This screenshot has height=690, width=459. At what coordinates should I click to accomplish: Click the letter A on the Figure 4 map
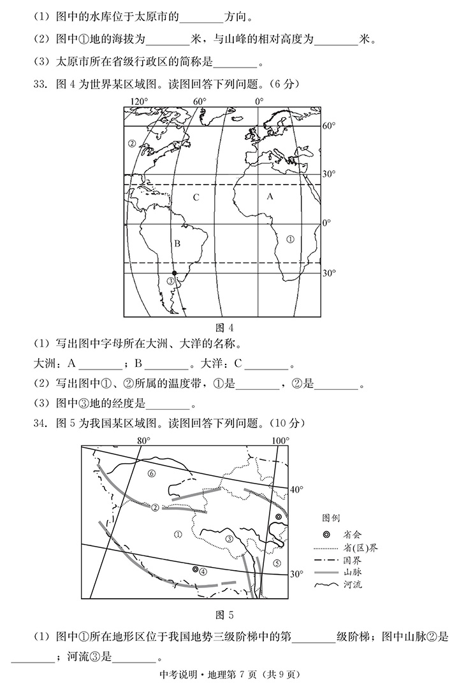pos(270,197)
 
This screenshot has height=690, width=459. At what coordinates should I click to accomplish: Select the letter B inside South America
pos(178,243)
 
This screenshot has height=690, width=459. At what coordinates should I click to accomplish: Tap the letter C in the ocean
pos(196,198)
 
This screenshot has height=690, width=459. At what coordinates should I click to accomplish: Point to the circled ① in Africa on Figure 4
pos(290,240)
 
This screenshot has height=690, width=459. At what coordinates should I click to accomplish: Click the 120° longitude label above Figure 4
pos(139,102)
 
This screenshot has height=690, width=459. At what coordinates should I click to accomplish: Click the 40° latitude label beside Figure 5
pos(296,489)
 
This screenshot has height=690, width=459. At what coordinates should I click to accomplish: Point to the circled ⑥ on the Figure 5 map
pos(151,473)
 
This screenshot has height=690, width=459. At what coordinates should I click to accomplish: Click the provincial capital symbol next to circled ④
pos(196,569)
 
